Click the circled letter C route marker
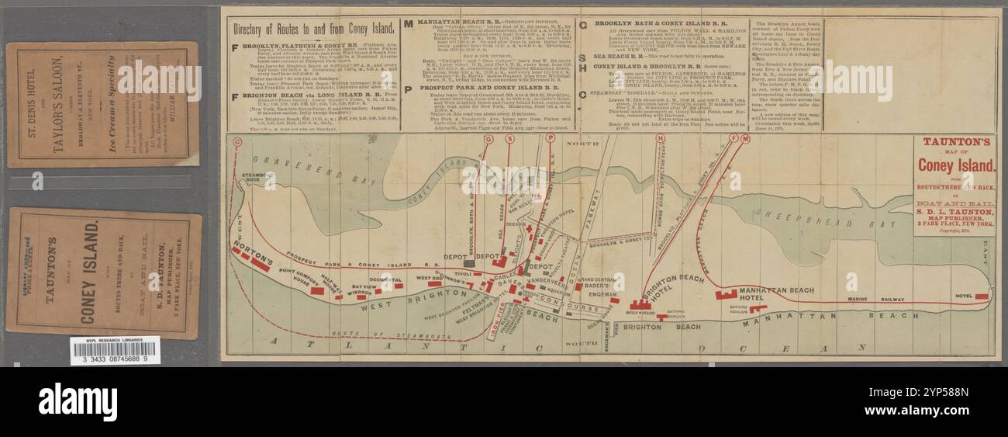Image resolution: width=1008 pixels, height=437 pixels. (x=237, y=141)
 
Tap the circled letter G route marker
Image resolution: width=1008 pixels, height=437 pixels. (x=488, y=139)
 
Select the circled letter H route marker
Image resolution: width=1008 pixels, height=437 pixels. (x=661, y=139)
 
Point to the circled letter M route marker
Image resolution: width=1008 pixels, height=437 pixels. (x=745, y=139)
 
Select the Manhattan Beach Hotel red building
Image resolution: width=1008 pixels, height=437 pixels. (x=727, y=294)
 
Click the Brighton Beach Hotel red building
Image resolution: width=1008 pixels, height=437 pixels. (x=640, y=305)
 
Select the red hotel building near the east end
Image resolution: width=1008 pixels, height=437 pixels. (x=981, y=297)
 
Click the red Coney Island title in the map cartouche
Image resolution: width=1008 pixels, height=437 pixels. (x=955, y=165)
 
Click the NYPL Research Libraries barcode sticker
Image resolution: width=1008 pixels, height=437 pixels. (x=115, y=351)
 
